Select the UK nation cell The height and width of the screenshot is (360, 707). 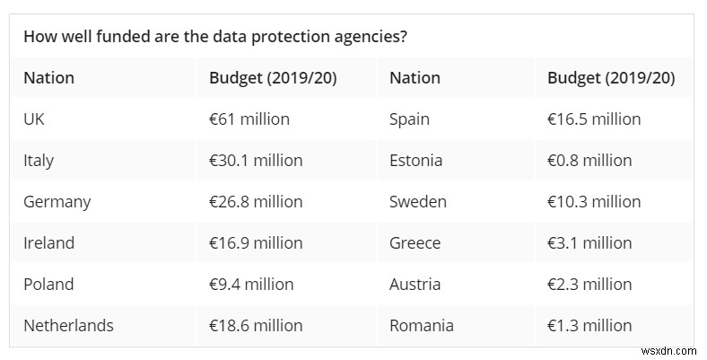pos(34,119)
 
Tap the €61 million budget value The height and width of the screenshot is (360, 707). pos(249,119)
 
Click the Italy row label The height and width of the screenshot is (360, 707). pos(39,160)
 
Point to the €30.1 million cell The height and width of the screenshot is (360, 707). pos(256,160)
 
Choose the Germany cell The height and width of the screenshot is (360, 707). pos(57,201)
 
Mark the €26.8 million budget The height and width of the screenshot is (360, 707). pos(256,201)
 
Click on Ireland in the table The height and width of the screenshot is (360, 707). pos(48,242)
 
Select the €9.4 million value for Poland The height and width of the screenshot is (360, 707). pos(251,284)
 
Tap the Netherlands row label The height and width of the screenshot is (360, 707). pos(68,325)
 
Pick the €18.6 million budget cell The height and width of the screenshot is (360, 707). pos(256,325)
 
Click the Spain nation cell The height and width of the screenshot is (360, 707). pos(409,119)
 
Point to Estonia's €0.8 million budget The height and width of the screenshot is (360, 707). pos(589,160)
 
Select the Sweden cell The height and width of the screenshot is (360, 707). pos(417,201)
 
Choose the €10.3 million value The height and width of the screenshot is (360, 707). pos(594,201)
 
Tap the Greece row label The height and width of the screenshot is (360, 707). pos(415,242)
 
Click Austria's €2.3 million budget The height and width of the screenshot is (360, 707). pos(589,284)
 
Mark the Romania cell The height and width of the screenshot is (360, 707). pos(422,325)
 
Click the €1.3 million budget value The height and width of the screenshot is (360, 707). pos(589,325)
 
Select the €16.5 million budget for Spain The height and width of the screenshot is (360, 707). pos(594,119)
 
